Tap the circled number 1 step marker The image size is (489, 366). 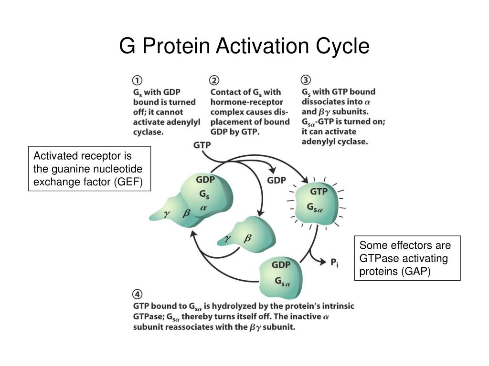[137, 80]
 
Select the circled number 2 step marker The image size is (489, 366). [214, 80]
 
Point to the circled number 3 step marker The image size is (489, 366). [306, 80]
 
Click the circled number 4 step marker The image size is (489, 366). [137, 294]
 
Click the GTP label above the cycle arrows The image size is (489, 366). [203, 144]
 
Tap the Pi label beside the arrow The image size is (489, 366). [334, 262]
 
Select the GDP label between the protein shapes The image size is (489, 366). [276, 180]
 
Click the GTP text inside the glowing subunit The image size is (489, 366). [319, 192]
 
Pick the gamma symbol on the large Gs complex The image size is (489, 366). [167, 215]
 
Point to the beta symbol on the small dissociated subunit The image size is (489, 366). [247, 239]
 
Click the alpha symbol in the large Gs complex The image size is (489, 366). [203, 208]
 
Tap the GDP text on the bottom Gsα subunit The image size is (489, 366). [281, 264]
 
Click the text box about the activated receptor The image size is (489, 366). [89, 169]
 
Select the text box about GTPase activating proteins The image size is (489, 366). [407, 258]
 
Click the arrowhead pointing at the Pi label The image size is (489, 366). [324, 261]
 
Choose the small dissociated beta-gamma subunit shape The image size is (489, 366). [246, 233]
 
